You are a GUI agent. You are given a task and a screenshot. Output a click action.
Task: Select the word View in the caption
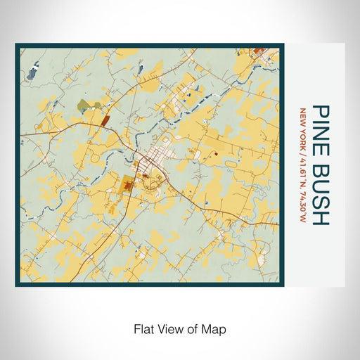(169, 328)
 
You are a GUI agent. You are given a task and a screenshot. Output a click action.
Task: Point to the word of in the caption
(192, 328)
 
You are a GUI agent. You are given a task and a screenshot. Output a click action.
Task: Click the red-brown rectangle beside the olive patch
(105, 120)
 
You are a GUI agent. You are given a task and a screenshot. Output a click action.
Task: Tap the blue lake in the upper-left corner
(34, 70)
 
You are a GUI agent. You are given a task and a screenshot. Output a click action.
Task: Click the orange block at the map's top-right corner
(257, 51)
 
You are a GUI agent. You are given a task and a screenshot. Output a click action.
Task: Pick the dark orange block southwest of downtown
(127, 186)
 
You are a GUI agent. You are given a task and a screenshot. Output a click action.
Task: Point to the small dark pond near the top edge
(140, 68)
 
